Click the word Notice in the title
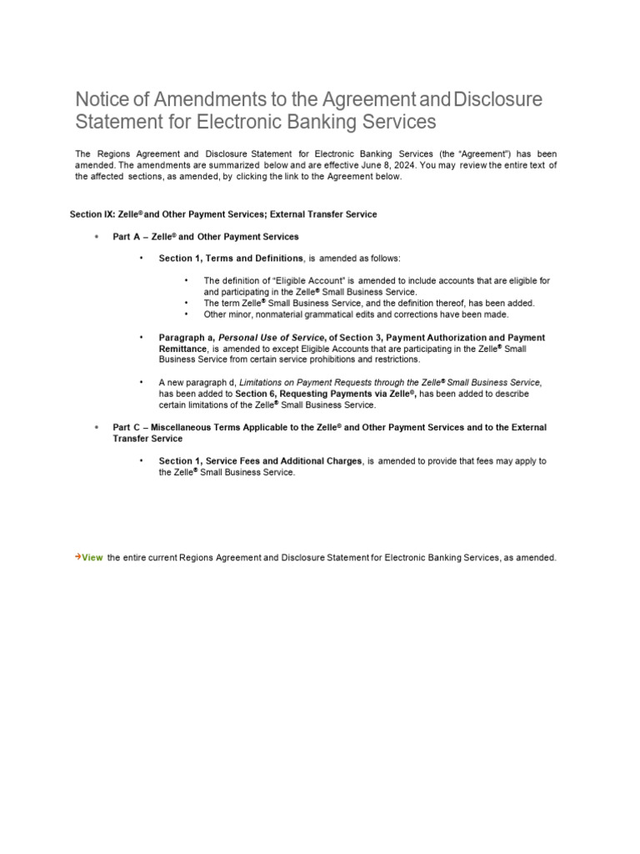pos(102,100)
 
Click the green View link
pos(92,557)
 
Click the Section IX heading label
pos(92,214)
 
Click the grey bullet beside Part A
pos(97,237)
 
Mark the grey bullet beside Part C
pos(97,427)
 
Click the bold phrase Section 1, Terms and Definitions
pos(231,259)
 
